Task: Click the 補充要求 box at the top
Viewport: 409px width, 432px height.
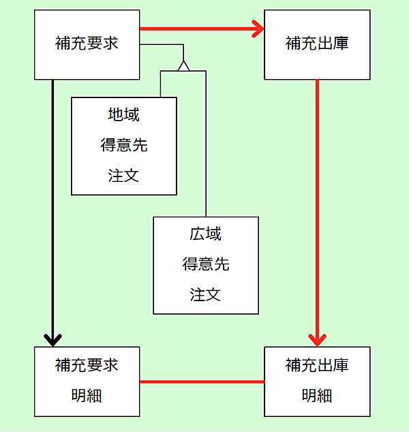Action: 87,44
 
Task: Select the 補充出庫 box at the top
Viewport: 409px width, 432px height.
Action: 317,44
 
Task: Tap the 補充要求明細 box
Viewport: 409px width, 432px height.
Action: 87,382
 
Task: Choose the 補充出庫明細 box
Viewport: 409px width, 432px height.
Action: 317,382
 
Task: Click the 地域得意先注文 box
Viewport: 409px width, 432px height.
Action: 123,146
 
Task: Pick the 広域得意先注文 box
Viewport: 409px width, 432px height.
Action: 205,265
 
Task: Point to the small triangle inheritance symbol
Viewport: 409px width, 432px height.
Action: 183,65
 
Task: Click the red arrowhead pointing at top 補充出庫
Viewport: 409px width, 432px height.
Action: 258,29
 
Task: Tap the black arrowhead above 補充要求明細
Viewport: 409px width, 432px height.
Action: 52,339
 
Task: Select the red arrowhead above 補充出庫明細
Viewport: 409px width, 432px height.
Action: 318,339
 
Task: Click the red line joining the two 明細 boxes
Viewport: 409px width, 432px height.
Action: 202,382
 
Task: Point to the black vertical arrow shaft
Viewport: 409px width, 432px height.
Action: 52,204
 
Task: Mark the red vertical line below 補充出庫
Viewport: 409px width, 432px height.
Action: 318,204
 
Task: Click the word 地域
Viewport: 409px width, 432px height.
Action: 123,114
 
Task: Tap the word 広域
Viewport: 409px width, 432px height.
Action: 205,234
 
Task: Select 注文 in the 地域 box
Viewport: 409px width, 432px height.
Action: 123,175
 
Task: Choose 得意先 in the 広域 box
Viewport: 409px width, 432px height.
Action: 205,264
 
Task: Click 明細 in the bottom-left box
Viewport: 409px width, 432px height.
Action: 87,395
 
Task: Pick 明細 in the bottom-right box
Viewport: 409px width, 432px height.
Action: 317,395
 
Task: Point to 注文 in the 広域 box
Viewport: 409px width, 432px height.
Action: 205,294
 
